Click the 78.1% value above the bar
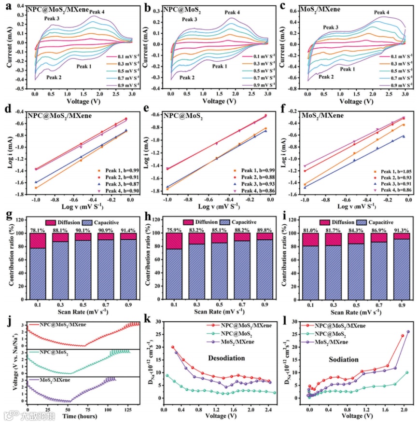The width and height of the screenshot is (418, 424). (37, 230)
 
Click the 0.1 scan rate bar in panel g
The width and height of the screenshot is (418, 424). (37, 270)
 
